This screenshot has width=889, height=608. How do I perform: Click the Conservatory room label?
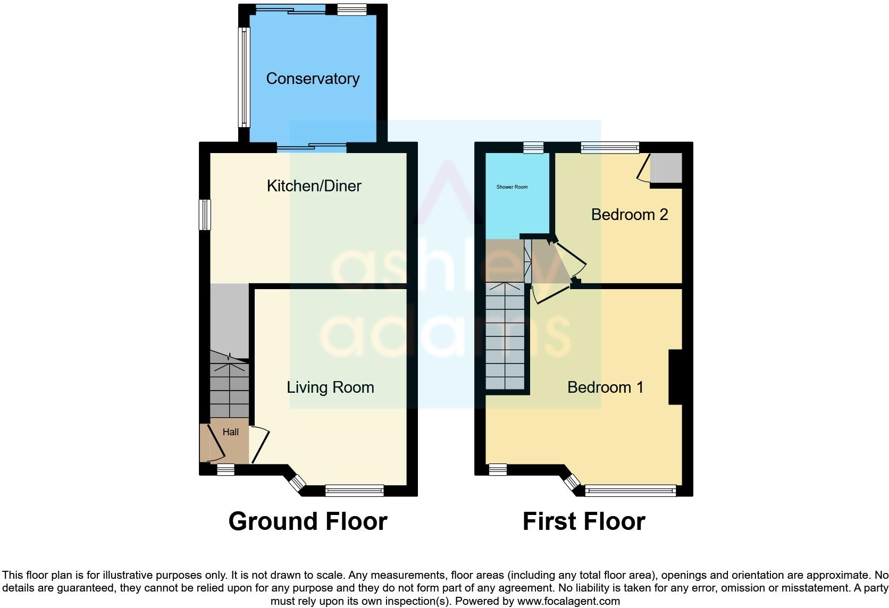click(313, 79)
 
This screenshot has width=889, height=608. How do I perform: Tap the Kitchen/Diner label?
click(314, 186)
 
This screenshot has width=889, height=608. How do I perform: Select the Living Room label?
click(330, 387)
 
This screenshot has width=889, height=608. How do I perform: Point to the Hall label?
click(230, 432)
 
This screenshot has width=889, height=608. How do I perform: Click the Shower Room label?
click(512, 187)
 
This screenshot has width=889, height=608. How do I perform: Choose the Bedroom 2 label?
click(629, 215)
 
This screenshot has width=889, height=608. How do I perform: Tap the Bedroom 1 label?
click(605, 387)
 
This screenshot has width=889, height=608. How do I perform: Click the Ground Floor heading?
click(307, 521)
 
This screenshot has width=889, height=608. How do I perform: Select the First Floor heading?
click(584, 521)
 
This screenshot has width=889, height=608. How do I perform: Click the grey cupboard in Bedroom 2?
click(666, 168)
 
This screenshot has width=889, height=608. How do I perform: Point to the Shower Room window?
click(533, 148)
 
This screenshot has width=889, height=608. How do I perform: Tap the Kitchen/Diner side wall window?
click(205, 215)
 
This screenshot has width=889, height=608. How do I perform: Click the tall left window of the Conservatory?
click(244, 77)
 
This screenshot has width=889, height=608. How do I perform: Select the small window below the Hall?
click(225, 470)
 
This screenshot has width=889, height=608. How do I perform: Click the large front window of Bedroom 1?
click(630, 491)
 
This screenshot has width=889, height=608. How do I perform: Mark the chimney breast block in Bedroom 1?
click(675, 377)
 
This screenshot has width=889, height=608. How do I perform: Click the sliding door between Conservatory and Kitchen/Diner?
click(312, 148)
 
